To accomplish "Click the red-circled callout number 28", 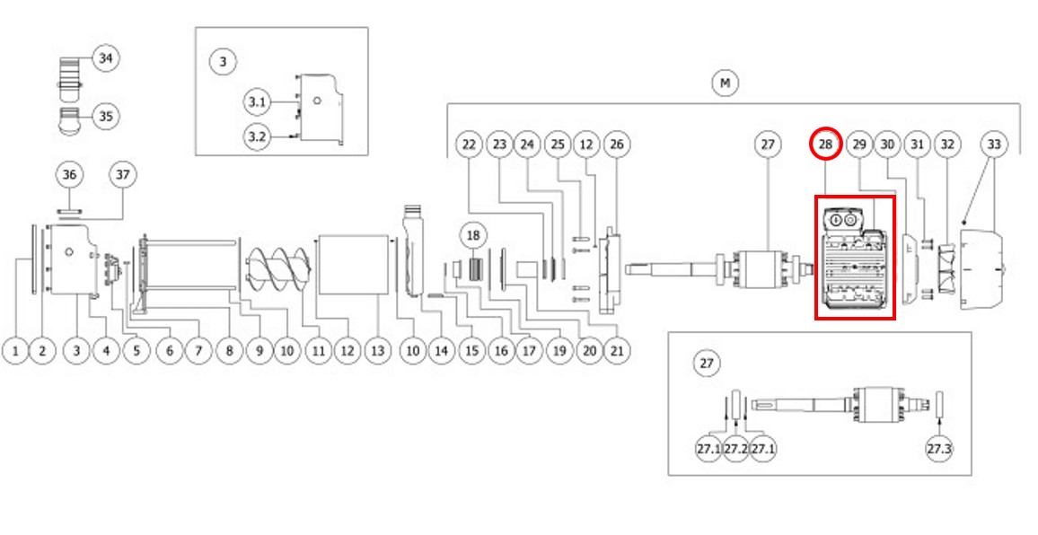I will click(826, 145).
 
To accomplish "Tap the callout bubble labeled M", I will click(725, 83).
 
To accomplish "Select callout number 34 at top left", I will click(106, 58).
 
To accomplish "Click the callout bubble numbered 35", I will click(106, 117).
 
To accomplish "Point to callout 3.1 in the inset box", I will click(258, 102).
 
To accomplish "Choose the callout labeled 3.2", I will click(258, 136).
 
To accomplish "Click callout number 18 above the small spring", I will click(474, 235).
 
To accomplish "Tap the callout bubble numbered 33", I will click(994, 145).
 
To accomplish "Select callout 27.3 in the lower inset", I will click(938, 448).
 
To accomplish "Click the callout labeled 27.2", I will click(735, 448).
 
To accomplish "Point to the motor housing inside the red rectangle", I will click(854, 259).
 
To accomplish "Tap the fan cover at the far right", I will click(983, 269).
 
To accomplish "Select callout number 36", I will click(69, 174).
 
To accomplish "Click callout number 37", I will click(123, 174).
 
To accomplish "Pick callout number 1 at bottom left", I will click(14, 351).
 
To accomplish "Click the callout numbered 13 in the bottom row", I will click(378, 351).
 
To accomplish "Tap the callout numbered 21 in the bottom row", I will click(616, 351).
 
